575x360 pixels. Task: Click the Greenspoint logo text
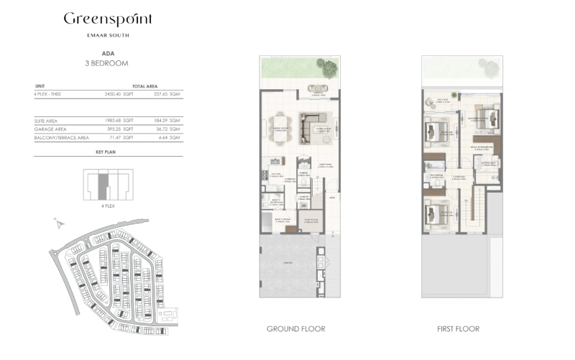pyautogui.click(x=107, y=19)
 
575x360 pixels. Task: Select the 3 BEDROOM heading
pyautogui.click(x=106, y=63)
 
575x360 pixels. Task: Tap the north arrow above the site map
pyautogui.click(x=57, y=224)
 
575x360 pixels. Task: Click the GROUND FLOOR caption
pyautogui.click(x=295, y=329)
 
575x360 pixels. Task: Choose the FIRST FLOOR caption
pyautogui.click(x=458, y=329)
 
